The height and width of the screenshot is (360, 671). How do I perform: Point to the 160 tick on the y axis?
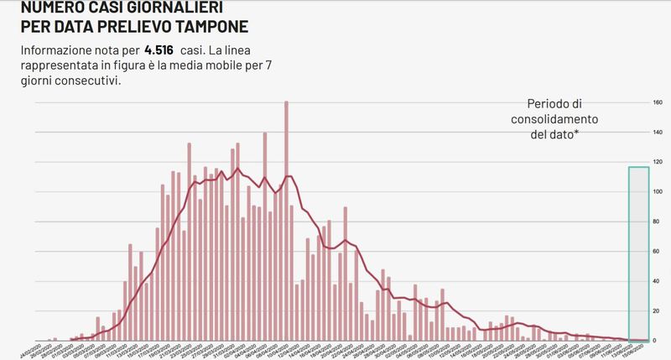(658, 103)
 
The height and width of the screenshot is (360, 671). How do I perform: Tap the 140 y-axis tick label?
(658, 133)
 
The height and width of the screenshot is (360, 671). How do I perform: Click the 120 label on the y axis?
(658, 162)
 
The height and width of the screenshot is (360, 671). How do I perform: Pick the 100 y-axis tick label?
(658, 192)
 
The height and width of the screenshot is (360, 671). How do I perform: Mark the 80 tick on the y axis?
(658, 222)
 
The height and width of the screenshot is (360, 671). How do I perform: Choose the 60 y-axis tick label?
(658, 251)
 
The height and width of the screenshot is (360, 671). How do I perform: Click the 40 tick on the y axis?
(658, 281)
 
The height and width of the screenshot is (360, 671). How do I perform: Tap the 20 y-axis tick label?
(658, 310)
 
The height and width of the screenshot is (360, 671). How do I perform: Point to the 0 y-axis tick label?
(659, 340)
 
